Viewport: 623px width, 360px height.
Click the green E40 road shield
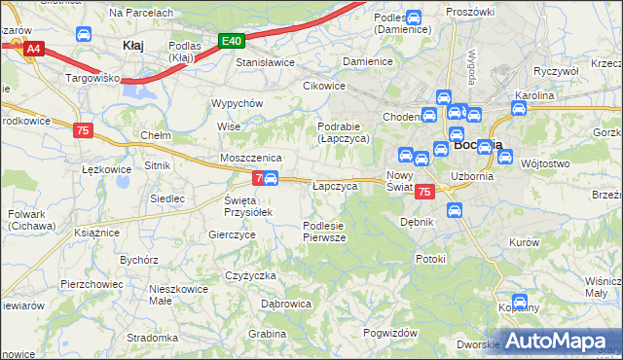pos(231,41)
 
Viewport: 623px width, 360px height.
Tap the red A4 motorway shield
pos(34,48)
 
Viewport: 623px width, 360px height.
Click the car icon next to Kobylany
pos(520,303)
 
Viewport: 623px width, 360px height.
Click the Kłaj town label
pos(133,45)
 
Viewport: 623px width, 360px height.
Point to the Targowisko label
pos(92,76)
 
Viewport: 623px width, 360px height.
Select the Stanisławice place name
pos(266,61)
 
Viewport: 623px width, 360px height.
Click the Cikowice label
pos(324,86)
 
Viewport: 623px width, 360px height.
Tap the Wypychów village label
pos(238,103)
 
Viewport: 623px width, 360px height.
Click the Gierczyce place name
pos(232,234)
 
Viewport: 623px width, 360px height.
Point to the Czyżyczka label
pos(251,275)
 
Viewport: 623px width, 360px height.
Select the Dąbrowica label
pos(286,304)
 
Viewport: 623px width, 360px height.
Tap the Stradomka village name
pos(151,338)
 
